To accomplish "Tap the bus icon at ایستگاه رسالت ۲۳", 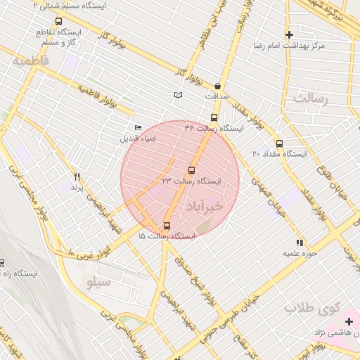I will click(x=192, y=170).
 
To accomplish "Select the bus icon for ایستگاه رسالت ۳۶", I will click(x=214, y=118).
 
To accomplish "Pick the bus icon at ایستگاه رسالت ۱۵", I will click(x=167, y=226).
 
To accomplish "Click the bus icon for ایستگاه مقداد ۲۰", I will click(x=279, y=143).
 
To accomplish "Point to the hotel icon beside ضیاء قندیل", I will click(x=138, y=127).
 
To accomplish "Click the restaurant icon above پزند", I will click(x=77, y=176).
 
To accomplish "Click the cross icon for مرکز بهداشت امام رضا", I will click(x=289, y=34).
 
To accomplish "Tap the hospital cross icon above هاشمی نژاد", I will click(x=349, y=321).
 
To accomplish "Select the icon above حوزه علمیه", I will click(x=301, y=243).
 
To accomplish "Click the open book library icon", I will click(x=179, y=95).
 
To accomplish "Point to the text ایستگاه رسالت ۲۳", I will click(x=191, y=181).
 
